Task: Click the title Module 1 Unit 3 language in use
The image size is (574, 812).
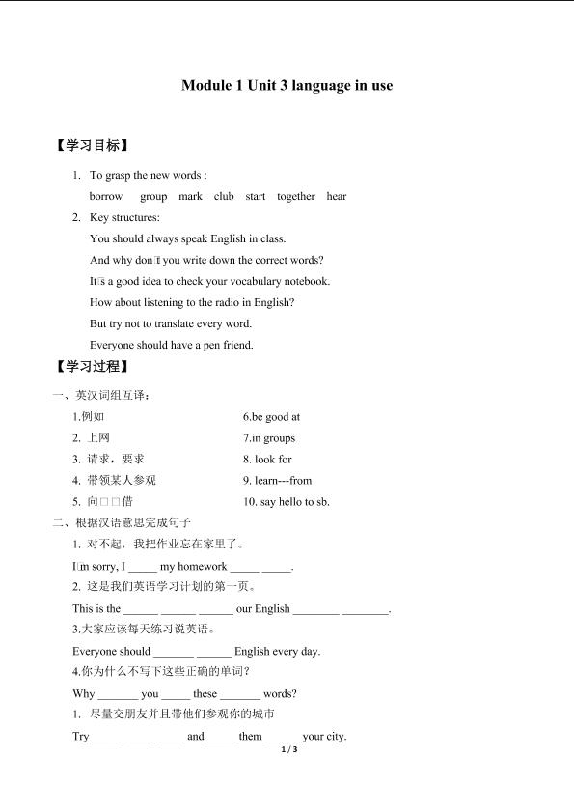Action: point(287,85)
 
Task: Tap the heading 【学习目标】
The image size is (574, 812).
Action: point(94,146)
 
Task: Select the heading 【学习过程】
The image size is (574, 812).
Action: point(94,367)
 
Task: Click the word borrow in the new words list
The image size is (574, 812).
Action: point(106,196)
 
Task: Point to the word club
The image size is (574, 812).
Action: point(224,196)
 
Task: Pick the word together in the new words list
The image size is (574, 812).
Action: point(295,196)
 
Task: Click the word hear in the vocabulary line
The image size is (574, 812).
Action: point(337,196)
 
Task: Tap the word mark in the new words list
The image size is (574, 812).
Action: point(190,196)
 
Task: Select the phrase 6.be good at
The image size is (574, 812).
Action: point(272,417)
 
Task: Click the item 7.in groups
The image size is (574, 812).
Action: point(269,438)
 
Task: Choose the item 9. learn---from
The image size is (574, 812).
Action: point(278,481)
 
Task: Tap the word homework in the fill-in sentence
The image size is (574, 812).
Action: point(203,567)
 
